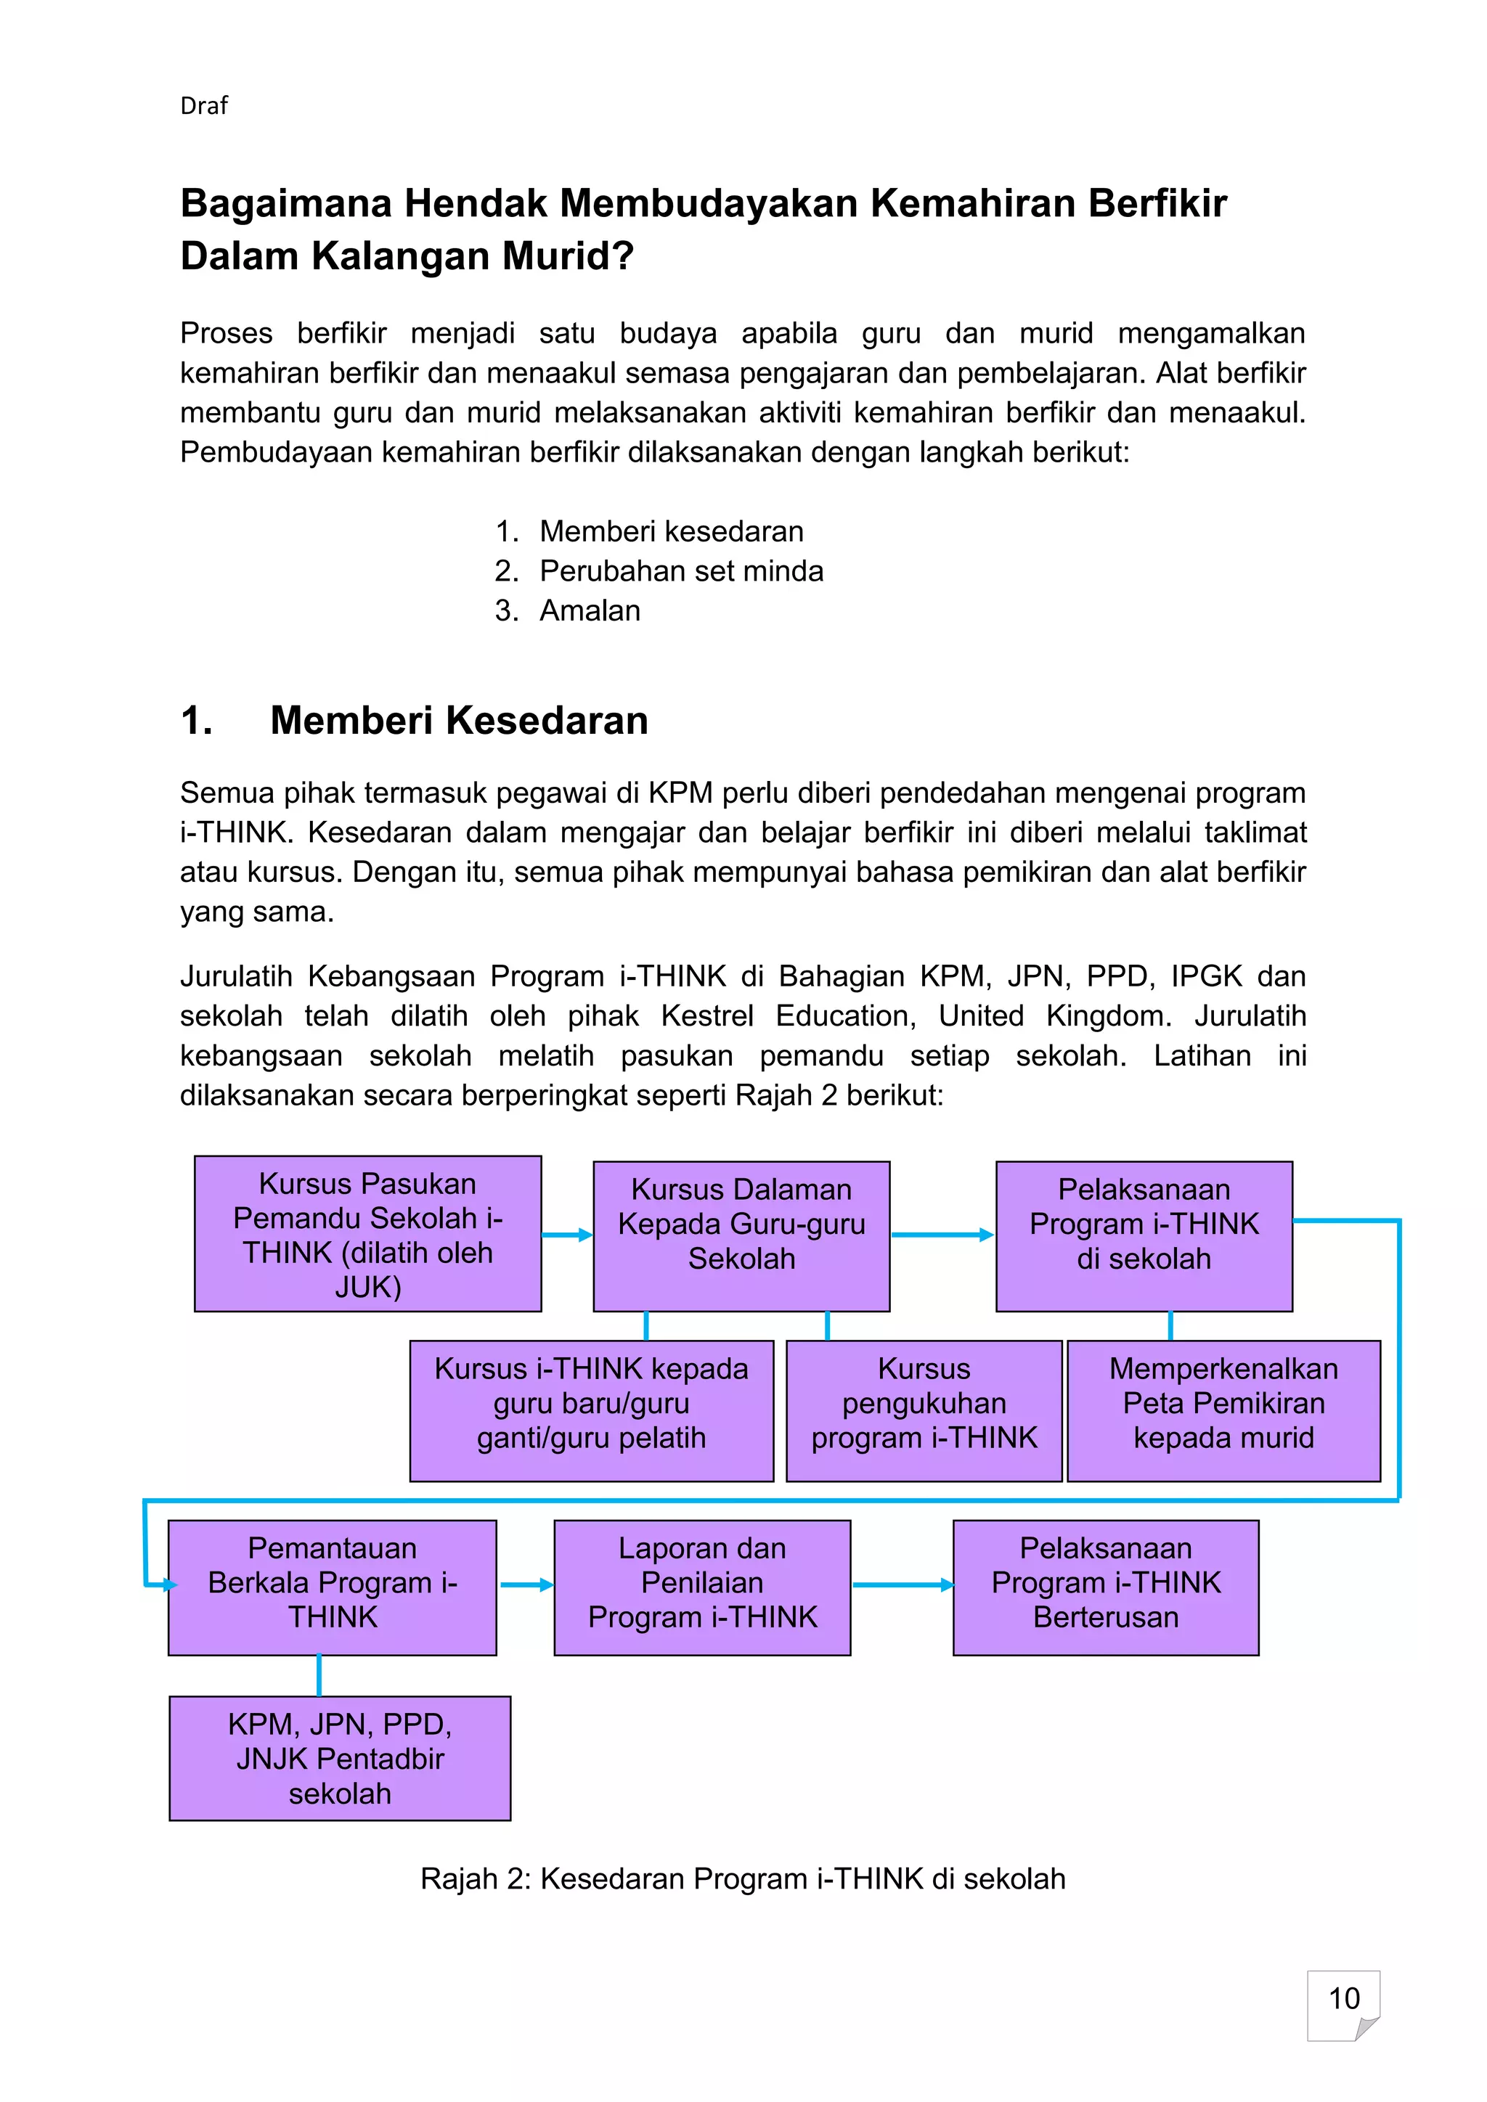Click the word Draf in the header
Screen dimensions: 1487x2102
tap(203, 106)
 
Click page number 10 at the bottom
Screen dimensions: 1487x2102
tap(1343, 1997)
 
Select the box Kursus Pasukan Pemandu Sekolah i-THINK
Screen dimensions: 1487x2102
tap(367, 1233)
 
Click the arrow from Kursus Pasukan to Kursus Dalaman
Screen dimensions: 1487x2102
tap(567, 1235)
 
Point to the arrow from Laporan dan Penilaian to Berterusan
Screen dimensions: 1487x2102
tap(902, 1584)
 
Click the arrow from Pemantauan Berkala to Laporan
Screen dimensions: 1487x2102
tap(526, 1584)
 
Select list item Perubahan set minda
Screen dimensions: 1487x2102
tap(680, 571)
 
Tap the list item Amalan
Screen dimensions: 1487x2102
tap(590, 610)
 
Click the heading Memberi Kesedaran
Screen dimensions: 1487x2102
tap(459, 721)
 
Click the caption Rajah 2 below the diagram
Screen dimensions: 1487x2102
tap(743, 1878)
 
